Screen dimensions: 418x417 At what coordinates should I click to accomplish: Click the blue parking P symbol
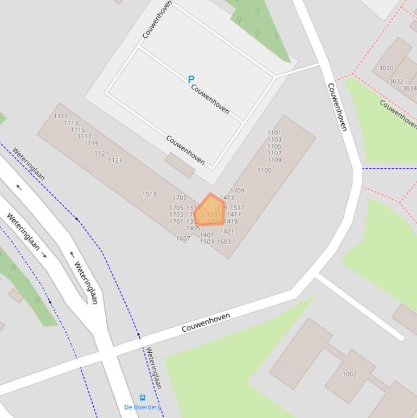pyautogui.click(x=191, y=80)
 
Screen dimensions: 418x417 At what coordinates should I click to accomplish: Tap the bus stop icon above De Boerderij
pyautogui.click(x=143, y=398)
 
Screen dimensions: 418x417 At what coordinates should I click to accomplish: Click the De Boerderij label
pyautogui.click(x=142, y=407)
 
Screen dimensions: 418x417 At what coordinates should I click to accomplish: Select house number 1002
pyautogui.click(x=349, y=374)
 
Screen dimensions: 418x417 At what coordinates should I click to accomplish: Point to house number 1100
pyautogui.click(x=264, y=170)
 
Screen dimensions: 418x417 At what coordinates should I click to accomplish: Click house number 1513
pyautogui.click(x=149, y=194)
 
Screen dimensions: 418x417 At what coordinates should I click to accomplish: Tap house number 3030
pyautogui.click(x=386, y=68)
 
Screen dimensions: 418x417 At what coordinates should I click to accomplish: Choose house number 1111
pyautogui.click(x=61, y=116)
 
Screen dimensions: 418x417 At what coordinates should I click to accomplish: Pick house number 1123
pyautogui.click(x=115, y=160)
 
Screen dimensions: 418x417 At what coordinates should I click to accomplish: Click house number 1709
pyautogui.click(x=237, y=191)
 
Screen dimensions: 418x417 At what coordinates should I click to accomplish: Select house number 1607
pyautogui.click(x=183, y=238)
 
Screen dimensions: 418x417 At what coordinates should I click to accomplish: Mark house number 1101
pyautogui.click(x=274, y=132)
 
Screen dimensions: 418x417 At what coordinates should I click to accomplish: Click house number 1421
pyautogui.click(x=227, y=232)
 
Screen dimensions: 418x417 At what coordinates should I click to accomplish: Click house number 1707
pyautogui.click(x=179, y=198)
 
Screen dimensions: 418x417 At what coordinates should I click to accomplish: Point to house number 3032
pyautogui.click(x=396, y=81)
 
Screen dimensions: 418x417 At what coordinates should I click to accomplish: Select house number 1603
pyautogui.click(x=224, y=242)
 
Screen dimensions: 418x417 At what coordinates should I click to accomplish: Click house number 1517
pyautogui.click(x=237, y=208)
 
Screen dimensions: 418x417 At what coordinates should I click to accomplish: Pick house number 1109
pyautogui.click(x=274, y=160)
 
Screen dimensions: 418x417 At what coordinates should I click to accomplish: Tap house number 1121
pyautogui.click(x=101, y=154)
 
